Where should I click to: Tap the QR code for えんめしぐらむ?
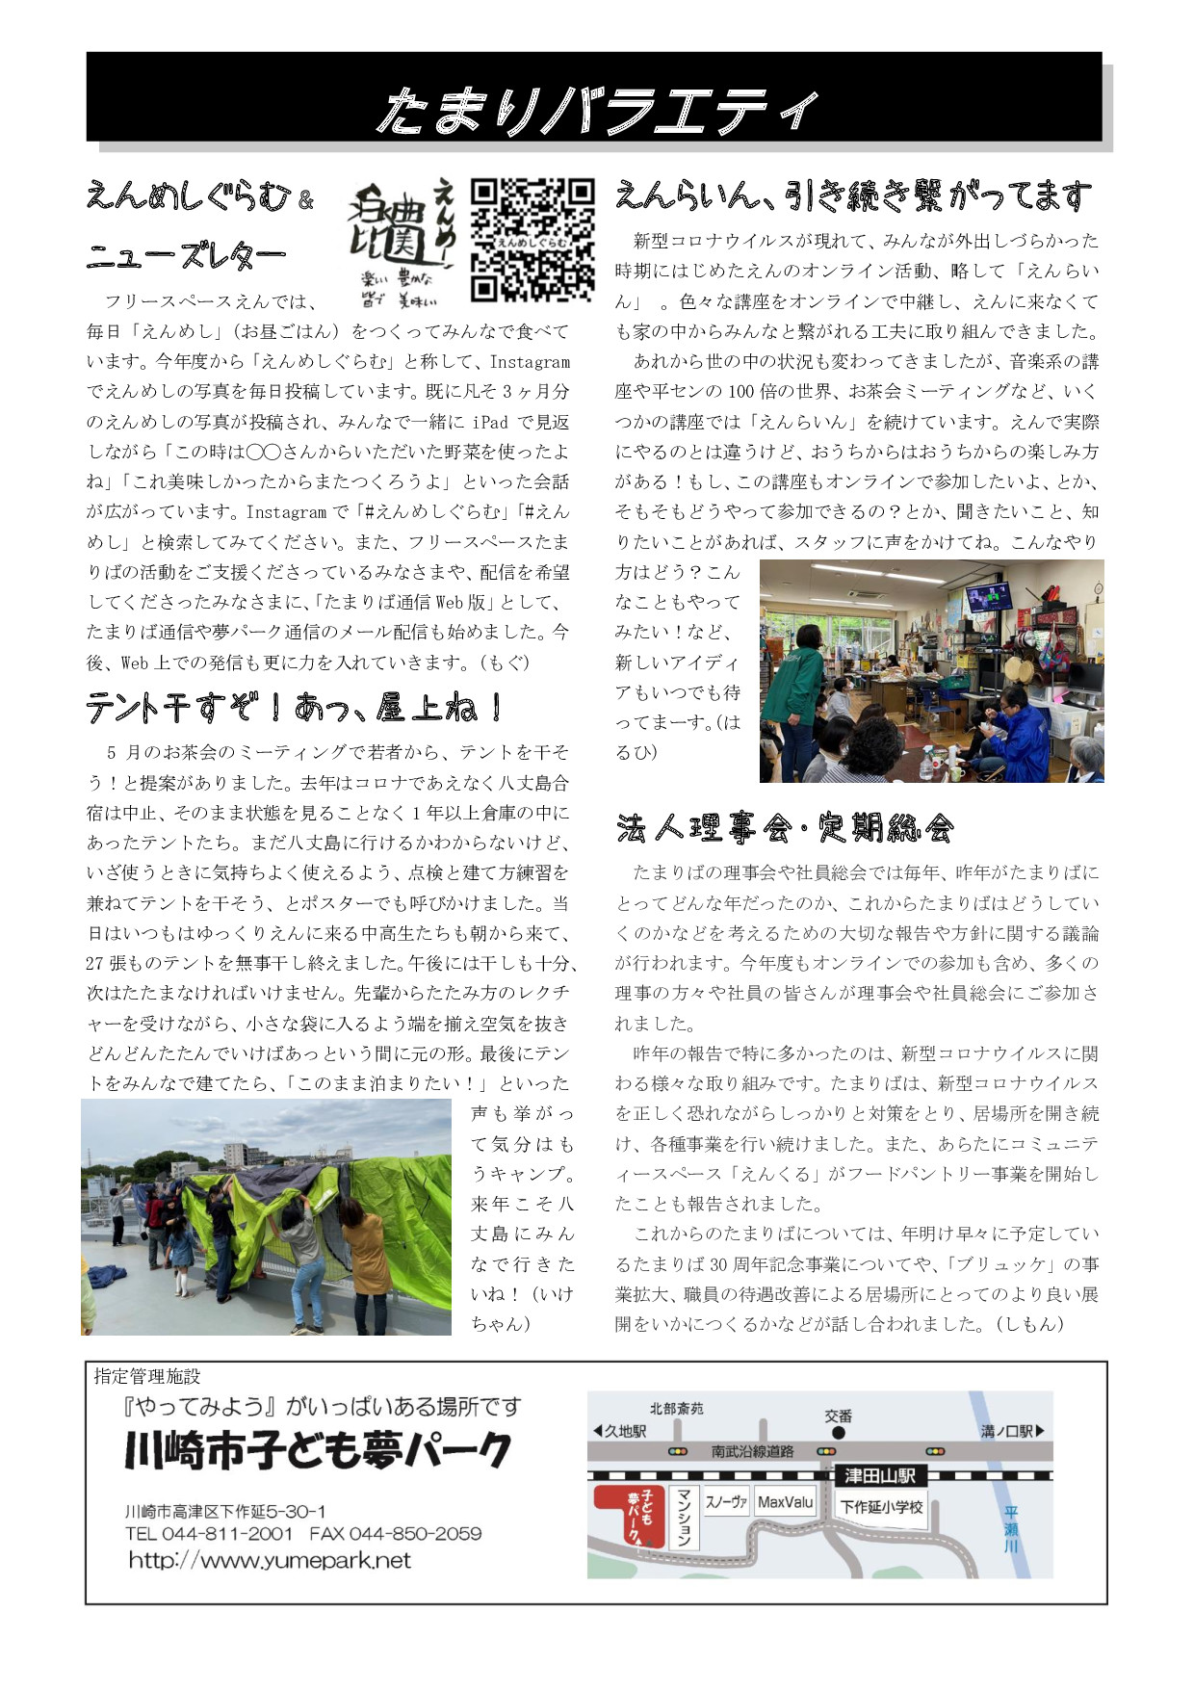point(532,240)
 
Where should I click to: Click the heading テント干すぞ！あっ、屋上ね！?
point(294,708)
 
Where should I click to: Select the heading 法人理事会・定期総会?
point(785,827)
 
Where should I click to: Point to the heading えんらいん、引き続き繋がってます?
point(854,195)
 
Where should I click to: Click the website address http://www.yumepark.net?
point(270,1560)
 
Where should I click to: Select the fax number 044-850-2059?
point(415,1533)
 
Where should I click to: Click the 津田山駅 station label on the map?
point(879,1475)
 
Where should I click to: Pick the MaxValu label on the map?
point(785,1502)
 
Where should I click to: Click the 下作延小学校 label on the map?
point(881,1507)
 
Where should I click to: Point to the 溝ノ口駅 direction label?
point(1012,1431)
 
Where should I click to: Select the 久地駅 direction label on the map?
point(620,1431)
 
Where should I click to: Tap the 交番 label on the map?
point(838,1416)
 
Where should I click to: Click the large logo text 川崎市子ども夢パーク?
point(318,1451)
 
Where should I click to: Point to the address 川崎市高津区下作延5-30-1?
point(225,1511)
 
